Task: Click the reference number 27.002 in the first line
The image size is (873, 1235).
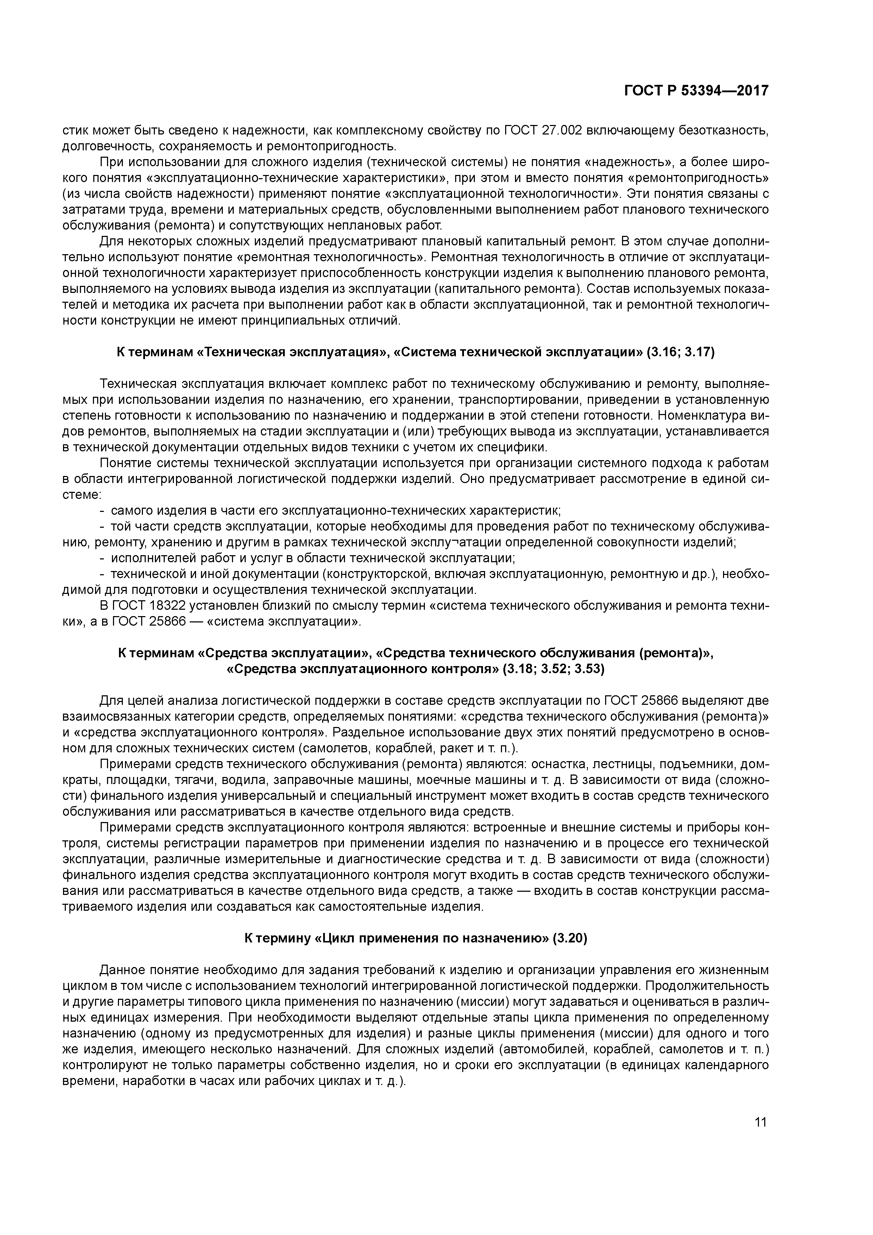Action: click(560, 130)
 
